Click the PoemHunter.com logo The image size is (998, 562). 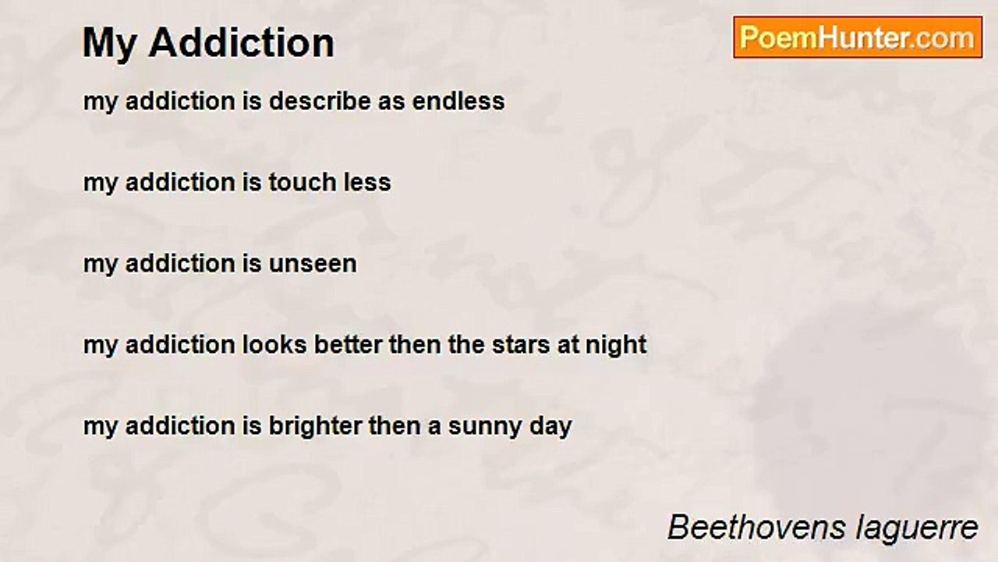858,37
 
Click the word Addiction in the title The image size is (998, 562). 242,42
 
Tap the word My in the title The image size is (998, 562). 110,44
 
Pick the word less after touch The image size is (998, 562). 367,183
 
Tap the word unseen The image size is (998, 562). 313,264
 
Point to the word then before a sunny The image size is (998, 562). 395,426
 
